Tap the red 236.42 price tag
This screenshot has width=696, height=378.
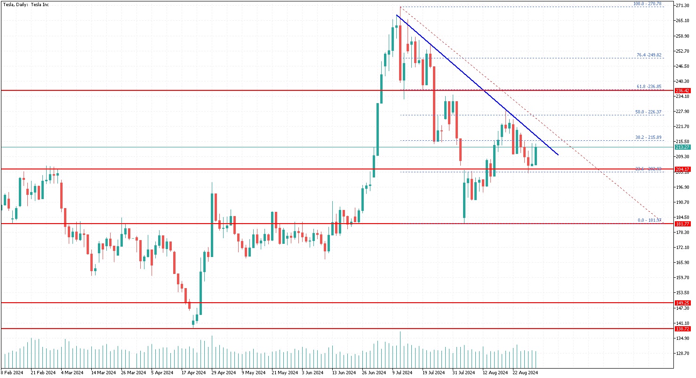tap(682, 90)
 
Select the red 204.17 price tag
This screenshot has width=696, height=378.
tap(682, 169)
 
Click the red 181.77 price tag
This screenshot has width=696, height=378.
tap(682, 224)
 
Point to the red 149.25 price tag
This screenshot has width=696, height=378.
tap(682, 303)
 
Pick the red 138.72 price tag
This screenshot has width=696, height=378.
tap(682, 329)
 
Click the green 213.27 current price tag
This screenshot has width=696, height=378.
tap(682, 147)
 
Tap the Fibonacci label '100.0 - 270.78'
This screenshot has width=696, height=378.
tap(648, 4)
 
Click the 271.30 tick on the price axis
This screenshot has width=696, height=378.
tap(682, 6)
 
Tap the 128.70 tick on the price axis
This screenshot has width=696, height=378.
tap(682, 354)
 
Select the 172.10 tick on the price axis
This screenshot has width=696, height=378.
tap(682, 248)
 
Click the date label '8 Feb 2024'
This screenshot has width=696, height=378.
tap(12, 372)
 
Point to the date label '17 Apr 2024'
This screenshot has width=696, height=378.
tap(194, 372)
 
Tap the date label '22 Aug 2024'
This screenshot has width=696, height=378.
tap(525, 372)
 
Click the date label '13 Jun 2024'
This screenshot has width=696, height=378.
tap(344, 372)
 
